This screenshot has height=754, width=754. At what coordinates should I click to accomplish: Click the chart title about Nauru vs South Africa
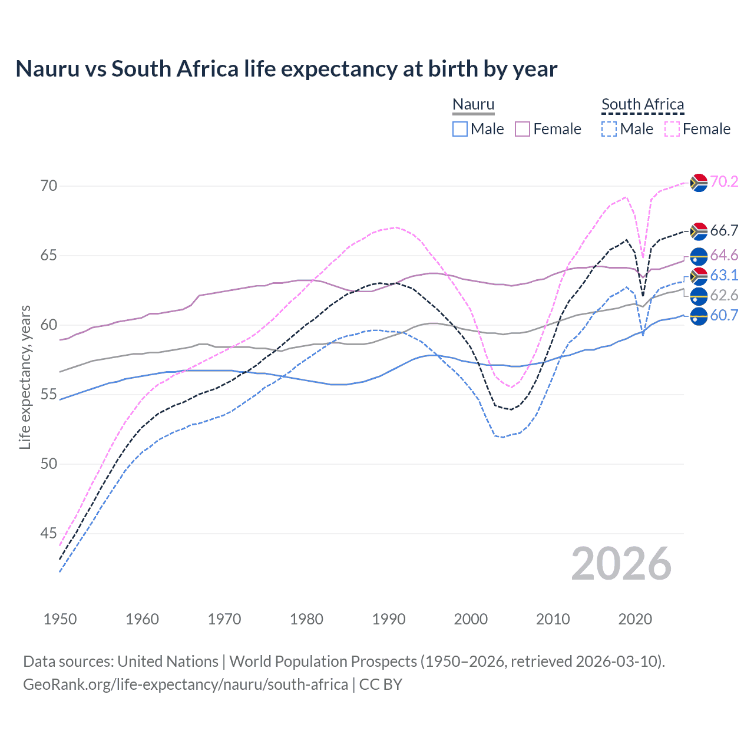286,69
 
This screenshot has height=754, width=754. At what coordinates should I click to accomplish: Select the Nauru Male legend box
460,129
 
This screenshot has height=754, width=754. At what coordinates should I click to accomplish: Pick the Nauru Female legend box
522,129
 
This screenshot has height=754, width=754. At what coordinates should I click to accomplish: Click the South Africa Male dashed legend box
609,129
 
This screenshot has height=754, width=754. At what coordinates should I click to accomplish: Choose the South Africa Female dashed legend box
672,129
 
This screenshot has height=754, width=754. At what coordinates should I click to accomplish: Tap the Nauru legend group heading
473,104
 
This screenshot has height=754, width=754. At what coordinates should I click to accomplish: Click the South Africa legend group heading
643,104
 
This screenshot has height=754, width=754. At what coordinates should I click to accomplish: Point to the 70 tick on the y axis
49,186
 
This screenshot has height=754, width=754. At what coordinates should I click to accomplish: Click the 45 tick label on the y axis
49,534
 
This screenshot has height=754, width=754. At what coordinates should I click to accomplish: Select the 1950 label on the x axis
60,619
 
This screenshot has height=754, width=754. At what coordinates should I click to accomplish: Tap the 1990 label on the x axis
389,619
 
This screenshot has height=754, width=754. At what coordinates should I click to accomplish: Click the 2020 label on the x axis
635,619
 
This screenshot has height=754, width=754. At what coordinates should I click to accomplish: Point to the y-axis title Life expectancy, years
25,377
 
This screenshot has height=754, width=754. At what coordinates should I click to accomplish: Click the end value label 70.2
724,181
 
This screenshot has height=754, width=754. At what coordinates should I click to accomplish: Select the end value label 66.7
724,230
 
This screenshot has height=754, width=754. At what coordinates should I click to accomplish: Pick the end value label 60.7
724,315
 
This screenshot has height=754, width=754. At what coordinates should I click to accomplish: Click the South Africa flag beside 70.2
699,183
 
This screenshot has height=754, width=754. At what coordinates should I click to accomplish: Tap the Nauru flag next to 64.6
699,256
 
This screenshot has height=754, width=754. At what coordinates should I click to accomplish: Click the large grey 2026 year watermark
621,564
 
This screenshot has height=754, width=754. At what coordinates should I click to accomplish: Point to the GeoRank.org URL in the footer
186,684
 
